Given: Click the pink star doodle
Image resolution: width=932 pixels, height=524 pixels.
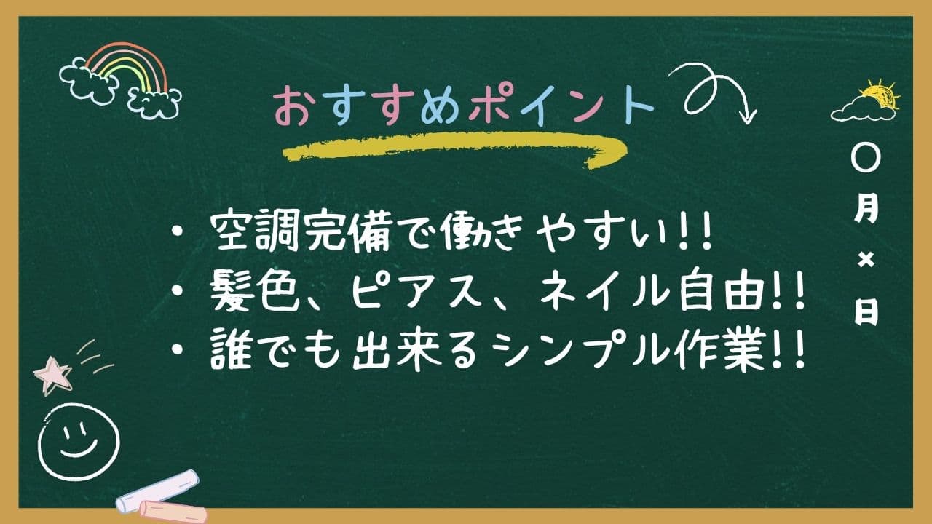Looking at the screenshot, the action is pos(52,375).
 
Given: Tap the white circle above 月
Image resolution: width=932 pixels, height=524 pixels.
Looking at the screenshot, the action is pos(866,159).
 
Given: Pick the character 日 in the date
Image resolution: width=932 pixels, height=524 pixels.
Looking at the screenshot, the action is pos(866,313).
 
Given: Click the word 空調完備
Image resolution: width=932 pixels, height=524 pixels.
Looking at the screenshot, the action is pos(301,234).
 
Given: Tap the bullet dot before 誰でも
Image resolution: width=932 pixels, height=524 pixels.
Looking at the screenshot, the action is pos(178,352).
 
